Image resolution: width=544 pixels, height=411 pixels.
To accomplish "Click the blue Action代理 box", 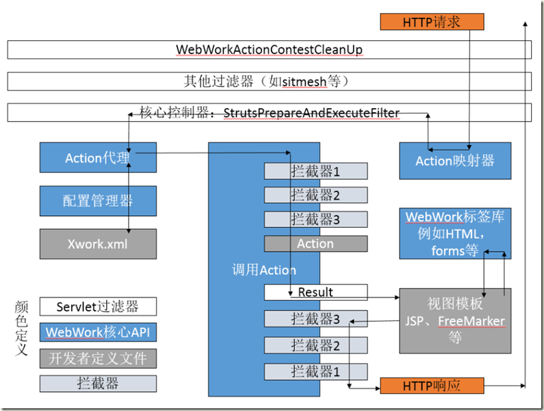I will click(x=98, y=159).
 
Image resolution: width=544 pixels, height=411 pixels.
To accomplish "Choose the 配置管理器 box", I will click(x=98, y=201).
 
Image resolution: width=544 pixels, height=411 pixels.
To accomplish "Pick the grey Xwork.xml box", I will click(x=98, y=243).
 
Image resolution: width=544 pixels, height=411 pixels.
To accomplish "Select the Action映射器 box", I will click(x=455, y=161).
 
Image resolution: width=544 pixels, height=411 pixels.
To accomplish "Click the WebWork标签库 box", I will click(x=455, y=234).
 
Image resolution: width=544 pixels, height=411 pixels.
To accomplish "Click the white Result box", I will click(x=315, y=293).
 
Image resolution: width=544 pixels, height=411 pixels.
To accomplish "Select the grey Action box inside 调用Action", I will click(x=315, y=243).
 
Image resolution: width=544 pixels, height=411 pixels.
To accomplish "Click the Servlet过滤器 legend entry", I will click(x=98, y=306).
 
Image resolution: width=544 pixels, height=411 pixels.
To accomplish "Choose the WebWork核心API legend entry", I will click(x=98, y=332).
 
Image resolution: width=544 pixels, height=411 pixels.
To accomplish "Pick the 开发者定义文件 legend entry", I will click(x=98, y=358).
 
